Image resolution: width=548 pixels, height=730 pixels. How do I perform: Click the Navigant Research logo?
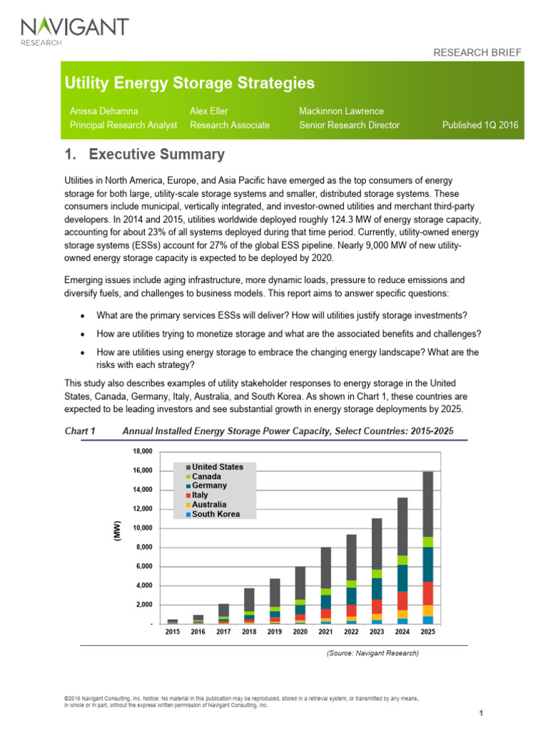tap(75, 31)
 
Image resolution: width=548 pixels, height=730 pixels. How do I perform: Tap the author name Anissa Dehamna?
tap(104, 111)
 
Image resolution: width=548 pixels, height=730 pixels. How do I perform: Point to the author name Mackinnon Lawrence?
tap(342, 111)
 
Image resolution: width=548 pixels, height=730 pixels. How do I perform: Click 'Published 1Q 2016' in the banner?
tap(481, 125)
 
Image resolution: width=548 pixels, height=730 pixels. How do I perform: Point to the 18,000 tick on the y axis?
tap(143, 451)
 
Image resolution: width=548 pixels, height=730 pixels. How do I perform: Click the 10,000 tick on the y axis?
tap(143, 528)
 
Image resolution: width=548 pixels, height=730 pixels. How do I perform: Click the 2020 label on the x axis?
tap(300, 632)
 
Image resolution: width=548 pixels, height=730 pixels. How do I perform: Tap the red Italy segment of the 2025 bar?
tap(427, 593)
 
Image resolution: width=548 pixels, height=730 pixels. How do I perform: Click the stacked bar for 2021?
tap(325, 585)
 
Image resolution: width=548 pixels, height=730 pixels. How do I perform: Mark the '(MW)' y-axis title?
tap(116, 530)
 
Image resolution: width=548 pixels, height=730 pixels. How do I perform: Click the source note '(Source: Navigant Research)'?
tap(372, 652)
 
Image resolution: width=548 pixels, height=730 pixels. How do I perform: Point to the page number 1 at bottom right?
tap(482, 714)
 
